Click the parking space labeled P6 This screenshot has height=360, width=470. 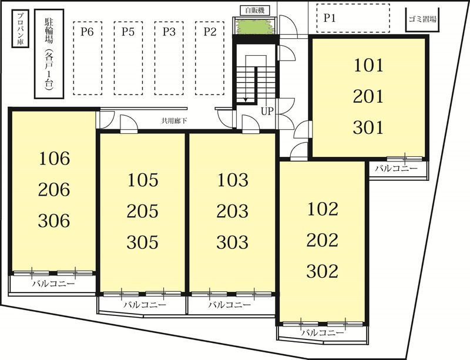88,58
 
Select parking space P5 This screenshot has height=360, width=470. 128,58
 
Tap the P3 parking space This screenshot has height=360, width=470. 169,58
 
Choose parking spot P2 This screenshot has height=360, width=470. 210,58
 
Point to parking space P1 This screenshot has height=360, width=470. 354,18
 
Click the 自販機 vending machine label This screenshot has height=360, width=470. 255,11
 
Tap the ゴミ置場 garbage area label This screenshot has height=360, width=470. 422,19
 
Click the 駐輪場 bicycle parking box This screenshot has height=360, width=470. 49,54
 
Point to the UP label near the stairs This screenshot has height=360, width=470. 267,112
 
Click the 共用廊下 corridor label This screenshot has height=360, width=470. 174,121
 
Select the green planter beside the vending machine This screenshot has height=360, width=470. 256,26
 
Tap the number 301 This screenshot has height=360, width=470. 368,127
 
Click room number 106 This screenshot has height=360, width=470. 54,159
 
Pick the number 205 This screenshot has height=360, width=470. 142,211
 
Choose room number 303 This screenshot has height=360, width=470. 232,242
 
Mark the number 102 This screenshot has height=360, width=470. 323,209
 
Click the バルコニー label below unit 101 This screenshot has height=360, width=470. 397,169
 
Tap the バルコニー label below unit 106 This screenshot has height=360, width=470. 53,283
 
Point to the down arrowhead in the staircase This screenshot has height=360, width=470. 246,99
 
